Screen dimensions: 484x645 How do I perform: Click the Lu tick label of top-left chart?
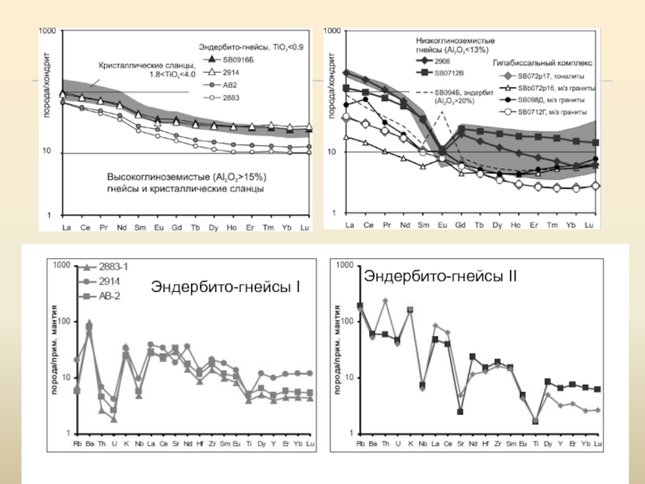coord(305,227)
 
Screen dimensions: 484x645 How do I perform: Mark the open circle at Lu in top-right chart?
coord(595,186)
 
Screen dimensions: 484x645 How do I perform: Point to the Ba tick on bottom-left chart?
coord(89,444)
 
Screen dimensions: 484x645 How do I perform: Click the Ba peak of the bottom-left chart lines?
coord(89,324)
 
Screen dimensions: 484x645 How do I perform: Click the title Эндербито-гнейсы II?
coord(440,277)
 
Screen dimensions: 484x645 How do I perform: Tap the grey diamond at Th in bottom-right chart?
coord(385,301)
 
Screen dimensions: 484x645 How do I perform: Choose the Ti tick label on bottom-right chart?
coord(535,444)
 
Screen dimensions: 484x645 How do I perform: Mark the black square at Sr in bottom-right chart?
coord(460,411)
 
